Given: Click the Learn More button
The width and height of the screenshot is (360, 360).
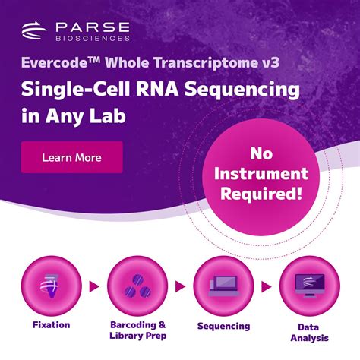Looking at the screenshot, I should [71, 158].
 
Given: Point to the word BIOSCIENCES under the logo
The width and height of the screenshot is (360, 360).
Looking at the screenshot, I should [93, 37].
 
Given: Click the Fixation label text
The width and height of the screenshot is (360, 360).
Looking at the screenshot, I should [52, 325].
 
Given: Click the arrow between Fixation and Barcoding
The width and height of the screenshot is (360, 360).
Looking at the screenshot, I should [94, 286].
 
